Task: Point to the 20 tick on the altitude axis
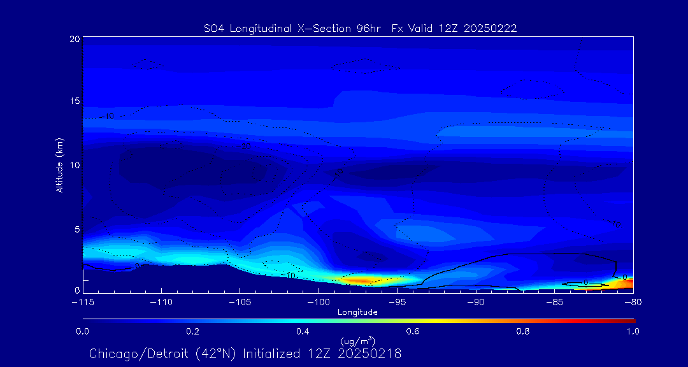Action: tap(74, 39)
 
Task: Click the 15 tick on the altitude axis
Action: tap(74, 101)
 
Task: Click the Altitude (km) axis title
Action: tap(60, 165)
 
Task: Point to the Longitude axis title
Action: tap(357, 312)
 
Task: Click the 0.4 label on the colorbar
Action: tap(303, 331)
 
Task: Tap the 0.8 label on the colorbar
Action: tap(524, 331)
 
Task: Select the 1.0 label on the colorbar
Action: tap(633, 331)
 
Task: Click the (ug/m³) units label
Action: tap(357, 342)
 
